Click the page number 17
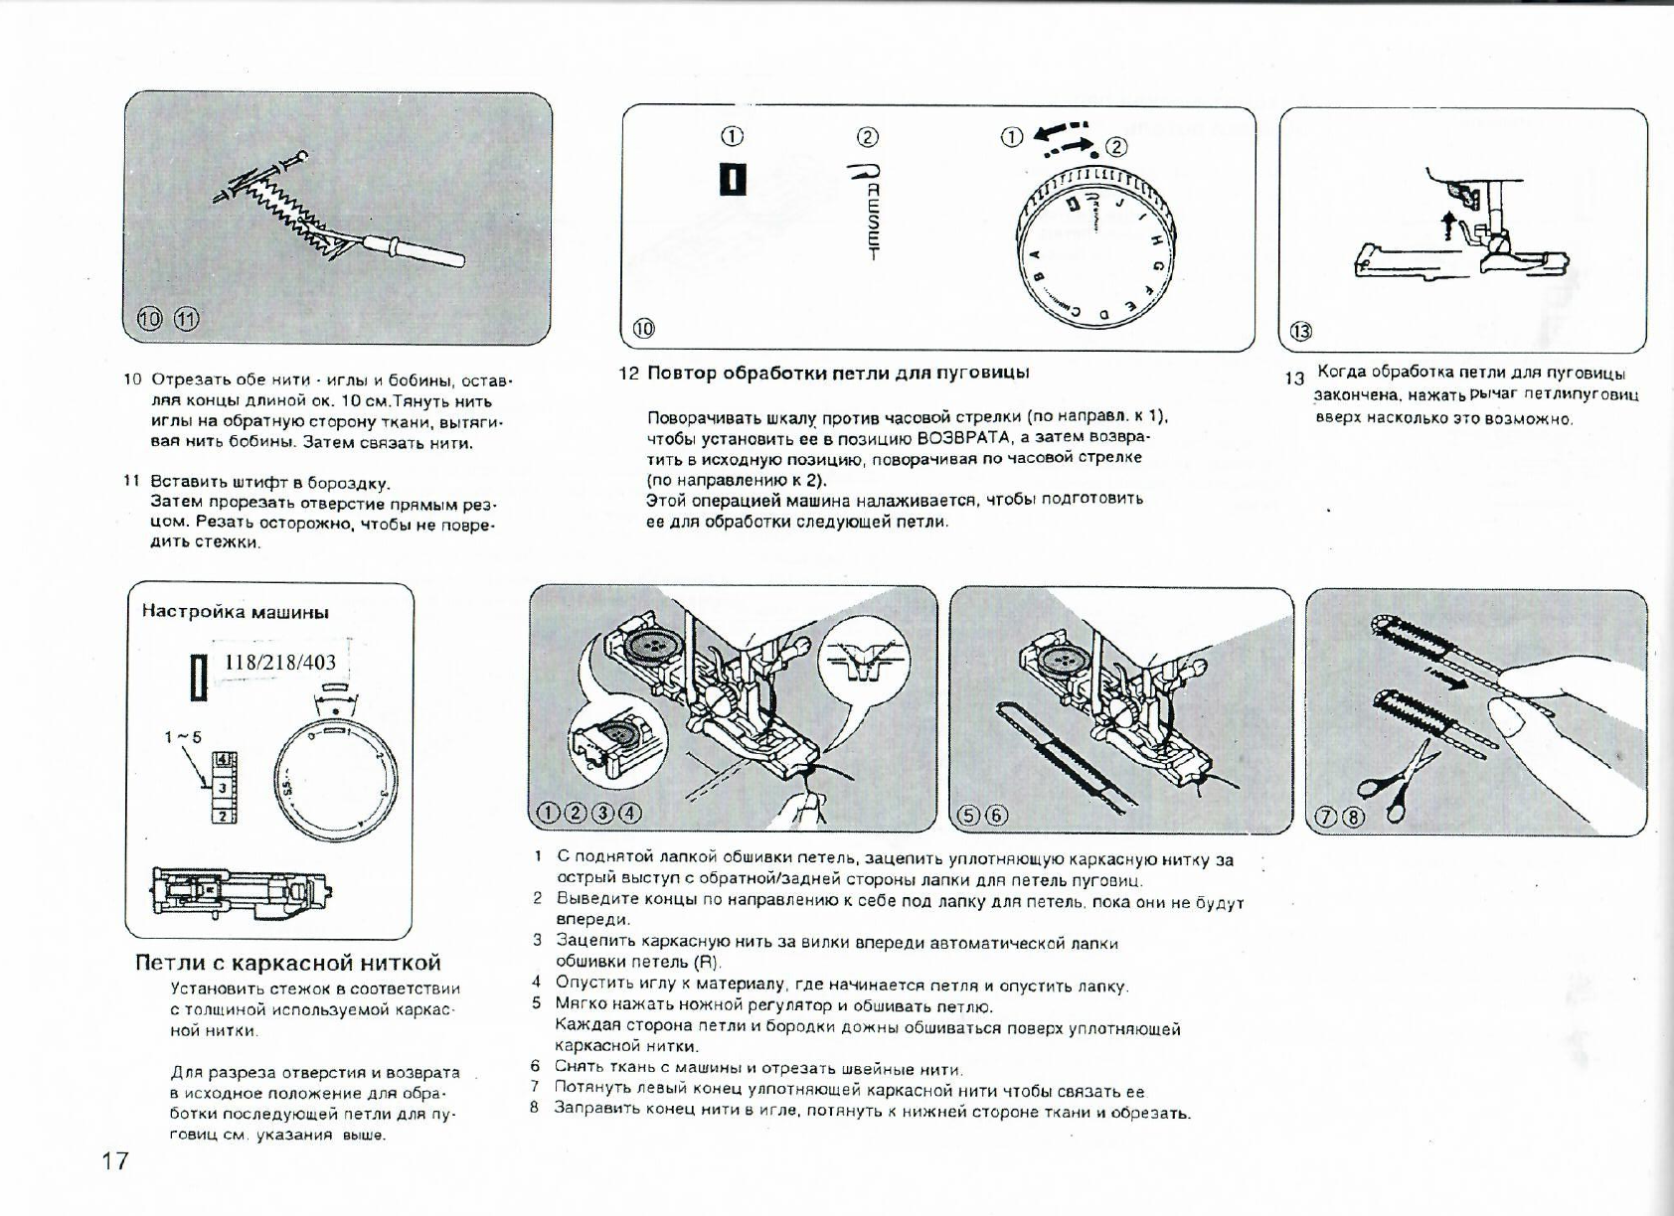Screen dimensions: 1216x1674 click(115, 1159)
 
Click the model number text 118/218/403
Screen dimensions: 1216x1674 click(280, 663)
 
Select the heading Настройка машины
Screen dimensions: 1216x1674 click(236, 611)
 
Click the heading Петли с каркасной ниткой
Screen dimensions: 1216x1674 click(288, 963)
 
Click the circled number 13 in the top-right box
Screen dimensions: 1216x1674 click(1301, 332)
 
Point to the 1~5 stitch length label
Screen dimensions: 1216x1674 click(183, 737)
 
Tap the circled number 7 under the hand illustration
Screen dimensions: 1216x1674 click(1327, 818)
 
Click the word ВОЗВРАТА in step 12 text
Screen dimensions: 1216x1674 click(961, 437)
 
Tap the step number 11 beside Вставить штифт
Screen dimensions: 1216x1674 click(130, 481)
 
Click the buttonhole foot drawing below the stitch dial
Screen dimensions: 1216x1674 click(242, 889)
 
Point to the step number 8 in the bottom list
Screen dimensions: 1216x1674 click(535, 1107)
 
